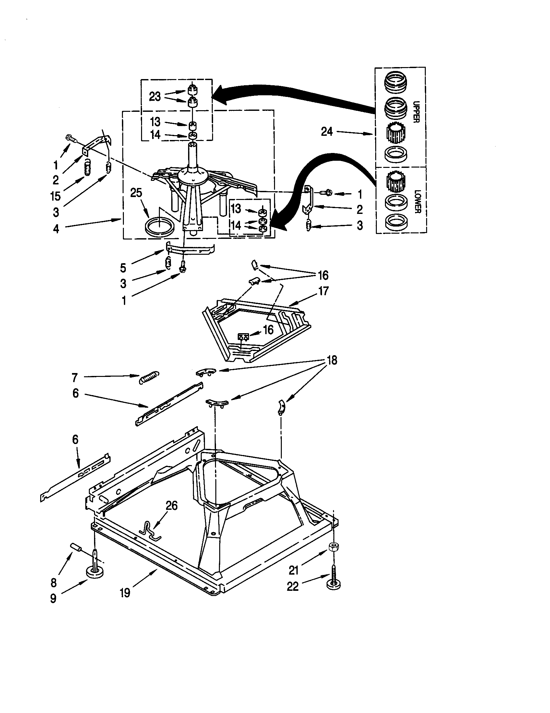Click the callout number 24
327,132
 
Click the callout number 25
136,193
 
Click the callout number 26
172,506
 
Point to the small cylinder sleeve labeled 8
76,546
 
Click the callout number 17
323,291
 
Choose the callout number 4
56,229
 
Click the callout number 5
123,268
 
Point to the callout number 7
75,378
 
